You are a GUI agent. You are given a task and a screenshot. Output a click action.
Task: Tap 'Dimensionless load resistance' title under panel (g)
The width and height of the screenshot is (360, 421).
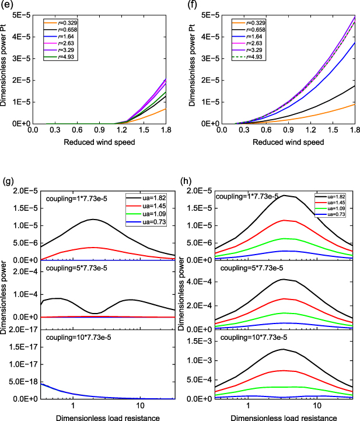(93, 416)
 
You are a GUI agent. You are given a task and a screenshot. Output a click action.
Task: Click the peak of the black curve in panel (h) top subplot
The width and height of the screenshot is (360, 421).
(284, 196)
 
